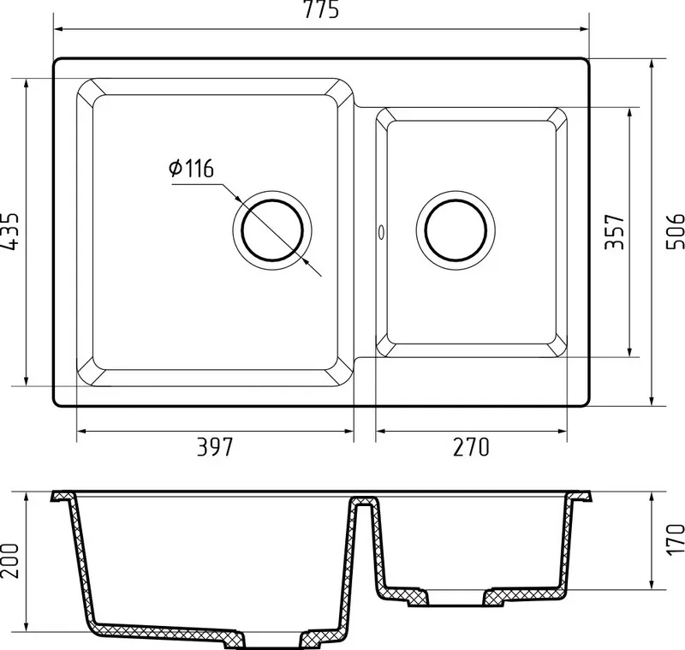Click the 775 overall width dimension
(x=321, y=9)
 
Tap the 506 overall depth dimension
(x=675, y=231)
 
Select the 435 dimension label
(x=9, y=231)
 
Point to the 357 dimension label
(x=614, y=231)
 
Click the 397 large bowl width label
(x=215, y=447)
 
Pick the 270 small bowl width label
(x=471, y=447)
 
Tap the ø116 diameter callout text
(x=191, y=169)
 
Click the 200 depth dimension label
(x=9, y=561)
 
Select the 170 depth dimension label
(x=675, y=540)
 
